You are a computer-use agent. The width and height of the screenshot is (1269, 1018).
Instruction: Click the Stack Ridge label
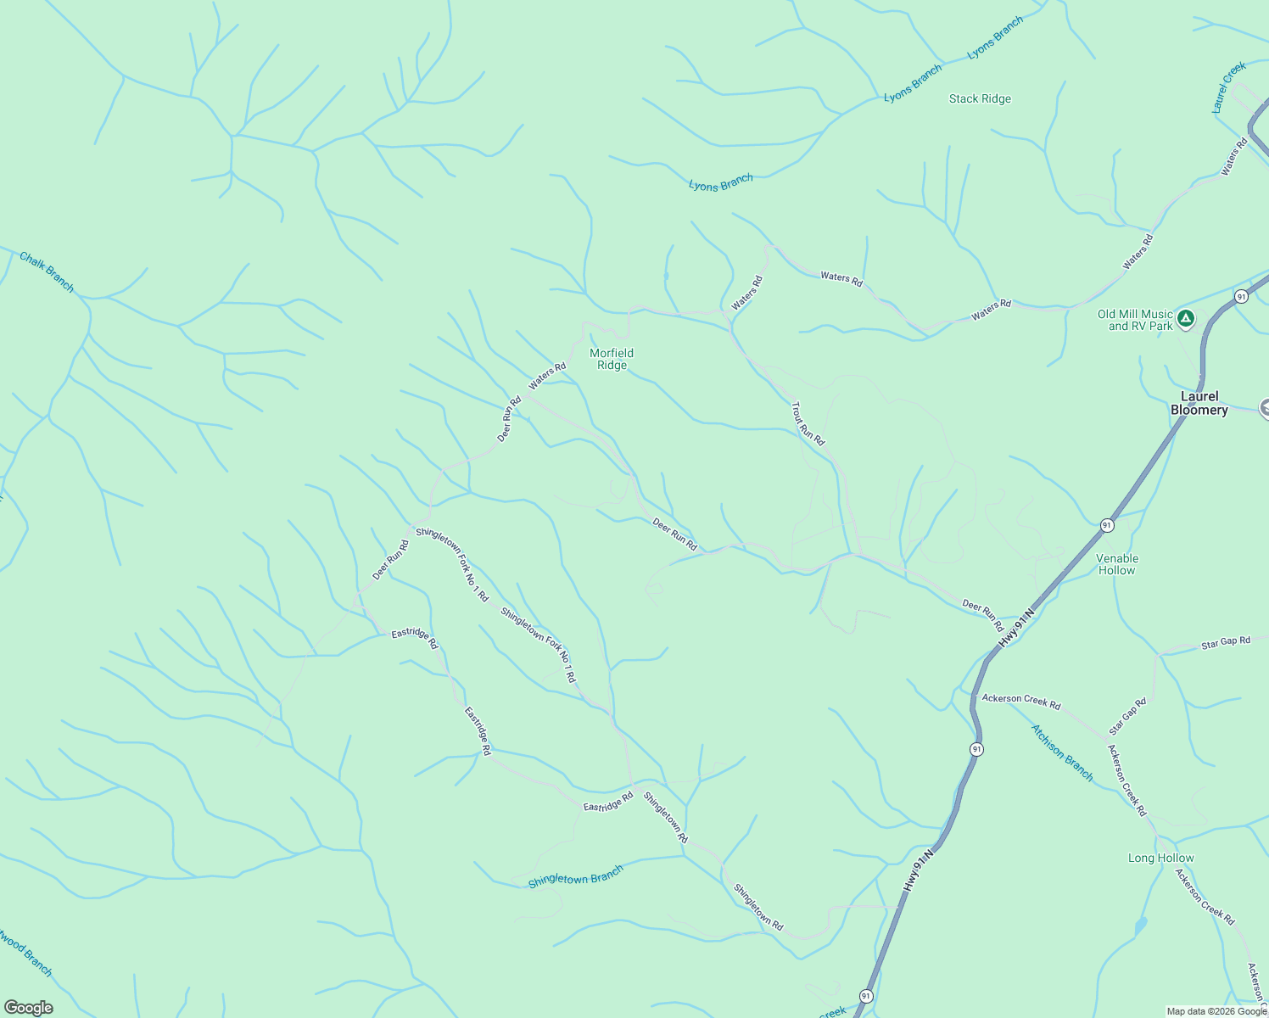[980, 99]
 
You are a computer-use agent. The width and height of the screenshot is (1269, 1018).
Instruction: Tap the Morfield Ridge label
[612, 359]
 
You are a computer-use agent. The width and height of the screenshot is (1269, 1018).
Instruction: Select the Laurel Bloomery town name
[1199, 403]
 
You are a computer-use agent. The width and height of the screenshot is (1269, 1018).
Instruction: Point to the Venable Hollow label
[1117, 564]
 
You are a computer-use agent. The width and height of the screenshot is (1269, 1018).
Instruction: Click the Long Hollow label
[1160, 858]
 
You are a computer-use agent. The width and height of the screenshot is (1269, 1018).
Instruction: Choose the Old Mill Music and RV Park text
[1135, 320]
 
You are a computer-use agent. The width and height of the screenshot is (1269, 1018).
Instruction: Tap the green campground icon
[1186, 319]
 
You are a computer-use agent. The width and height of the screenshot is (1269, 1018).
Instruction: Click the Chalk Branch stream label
[47, 272]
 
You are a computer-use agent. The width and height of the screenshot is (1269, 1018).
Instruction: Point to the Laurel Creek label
[1228, 87]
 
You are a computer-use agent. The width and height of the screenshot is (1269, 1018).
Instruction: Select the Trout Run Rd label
[808, 424]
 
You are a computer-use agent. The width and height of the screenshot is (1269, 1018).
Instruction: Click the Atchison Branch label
[1062, 752]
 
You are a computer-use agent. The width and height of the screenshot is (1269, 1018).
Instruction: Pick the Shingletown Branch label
[575, 876]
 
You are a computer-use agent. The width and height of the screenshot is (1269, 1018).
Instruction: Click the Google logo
[29, 1007]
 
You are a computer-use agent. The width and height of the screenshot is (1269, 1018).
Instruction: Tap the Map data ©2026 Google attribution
[1216, 1011]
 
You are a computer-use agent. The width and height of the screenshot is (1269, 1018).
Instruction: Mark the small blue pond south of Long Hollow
[1141, 926]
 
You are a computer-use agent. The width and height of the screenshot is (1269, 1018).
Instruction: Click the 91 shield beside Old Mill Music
[1241, 296]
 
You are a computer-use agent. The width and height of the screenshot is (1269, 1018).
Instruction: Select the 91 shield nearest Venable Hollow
[1106, 526]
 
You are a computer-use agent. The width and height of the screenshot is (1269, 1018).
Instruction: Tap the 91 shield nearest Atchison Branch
[977, 749]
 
